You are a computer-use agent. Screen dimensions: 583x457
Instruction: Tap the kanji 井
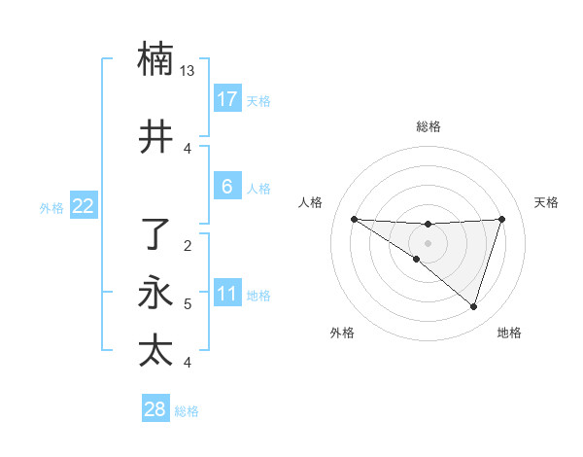pos(155,137)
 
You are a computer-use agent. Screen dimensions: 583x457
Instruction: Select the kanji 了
pos(155,234)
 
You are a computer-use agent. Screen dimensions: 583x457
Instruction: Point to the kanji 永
pos(155,293)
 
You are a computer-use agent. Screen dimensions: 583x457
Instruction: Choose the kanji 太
pos(155,350)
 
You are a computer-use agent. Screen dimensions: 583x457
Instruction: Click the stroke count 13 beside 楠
pos(188,71)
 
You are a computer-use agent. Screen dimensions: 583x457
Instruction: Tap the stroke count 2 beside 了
pos(188,245)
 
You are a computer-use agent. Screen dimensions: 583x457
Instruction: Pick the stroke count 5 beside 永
pos(188,304)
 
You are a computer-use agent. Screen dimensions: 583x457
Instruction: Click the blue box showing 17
pos(227,99)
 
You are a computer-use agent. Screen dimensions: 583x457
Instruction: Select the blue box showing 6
pos(227,187)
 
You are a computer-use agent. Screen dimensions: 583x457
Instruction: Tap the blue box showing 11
pos(227,294)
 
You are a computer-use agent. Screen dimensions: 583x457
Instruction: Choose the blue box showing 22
pos(84,205)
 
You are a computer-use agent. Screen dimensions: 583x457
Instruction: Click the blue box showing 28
pos(155,409)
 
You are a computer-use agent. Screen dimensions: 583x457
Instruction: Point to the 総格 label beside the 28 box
pos(187,411)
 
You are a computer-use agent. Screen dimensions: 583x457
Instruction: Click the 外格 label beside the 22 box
pos(51,207)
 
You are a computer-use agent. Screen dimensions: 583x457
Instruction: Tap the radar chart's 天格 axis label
pos(546,202)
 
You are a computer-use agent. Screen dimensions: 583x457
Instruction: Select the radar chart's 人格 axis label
pos(311,202)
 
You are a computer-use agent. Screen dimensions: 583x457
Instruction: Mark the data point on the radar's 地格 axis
pos(473,307)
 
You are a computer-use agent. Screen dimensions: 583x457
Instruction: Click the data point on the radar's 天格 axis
pos(502,219)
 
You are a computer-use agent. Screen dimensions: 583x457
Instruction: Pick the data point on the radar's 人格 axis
pos(354,219)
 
